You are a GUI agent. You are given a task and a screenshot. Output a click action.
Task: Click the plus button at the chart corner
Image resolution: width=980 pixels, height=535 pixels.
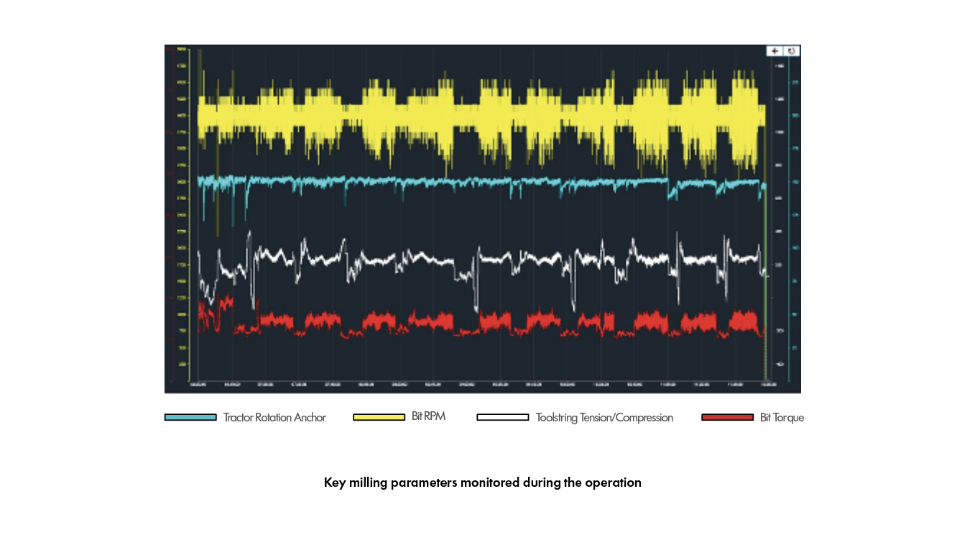(x=775, y=50)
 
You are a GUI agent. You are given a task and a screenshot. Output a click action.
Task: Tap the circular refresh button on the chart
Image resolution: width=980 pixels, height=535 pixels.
(x=792, y=50)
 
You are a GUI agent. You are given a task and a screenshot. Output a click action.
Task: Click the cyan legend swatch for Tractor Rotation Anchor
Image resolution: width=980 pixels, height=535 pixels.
(x=190, y=417)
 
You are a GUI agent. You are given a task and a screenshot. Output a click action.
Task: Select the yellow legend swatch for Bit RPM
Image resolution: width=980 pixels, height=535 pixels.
(x=379, y=417)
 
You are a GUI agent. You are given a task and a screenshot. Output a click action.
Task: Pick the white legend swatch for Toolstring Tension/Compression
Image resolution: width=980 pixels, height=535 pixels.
(x=502, y=417)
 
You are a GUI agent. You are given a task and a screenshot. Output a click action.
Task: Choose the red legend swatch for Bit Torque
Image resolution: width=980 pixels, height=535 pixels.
(x=727, y=417)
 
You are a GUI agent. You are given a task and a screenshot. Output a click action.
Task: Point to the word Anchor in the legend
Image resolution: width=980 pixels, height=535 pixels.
(x=310, y=417)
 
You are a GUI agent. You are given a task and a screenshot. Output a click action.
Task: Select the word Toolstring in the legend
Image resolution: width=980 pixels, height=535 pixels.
(x=558, y=418)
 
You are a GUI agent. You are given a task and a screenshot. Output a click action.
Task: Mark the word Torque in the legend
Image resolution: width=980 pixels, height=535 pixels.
(x=788, y=417)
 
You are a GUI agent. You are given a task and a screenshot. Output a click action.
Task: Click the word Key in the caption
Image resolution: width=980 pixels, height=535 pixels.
(x=334, y=483)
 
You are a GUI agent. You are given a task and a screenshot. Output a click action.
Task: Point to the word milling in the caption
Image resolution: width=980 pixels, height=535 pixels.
(x=367, y=483)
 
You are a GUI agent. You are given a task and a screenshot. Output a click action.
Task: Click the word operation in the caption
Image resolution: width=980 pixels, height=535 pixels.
(x=613, y=483)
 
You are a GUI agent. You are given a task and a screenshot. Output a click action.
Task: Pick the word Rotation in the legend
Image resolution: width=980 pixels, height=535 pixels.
(x=273, y=417)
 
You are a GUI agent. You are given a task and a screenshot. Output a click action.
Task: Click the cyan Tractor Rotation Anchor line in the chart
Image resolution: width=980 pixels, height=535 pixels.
(x=467, y=180)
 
